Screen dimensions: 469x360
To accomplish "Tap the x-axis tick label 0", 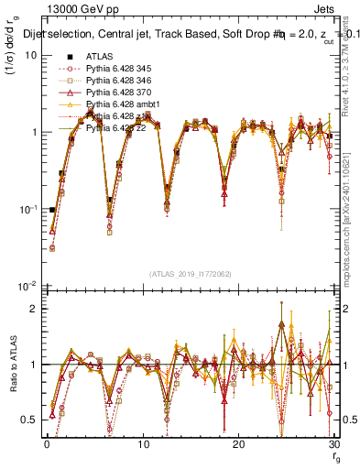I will (46, 445).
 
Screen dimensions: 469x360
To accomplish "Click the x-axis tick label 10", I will (142, 445).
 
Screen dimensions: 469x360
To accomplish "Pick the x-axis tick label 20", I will (238, 445).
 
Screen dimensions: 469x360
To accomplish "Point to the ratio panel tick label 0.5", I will (28, 420).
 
